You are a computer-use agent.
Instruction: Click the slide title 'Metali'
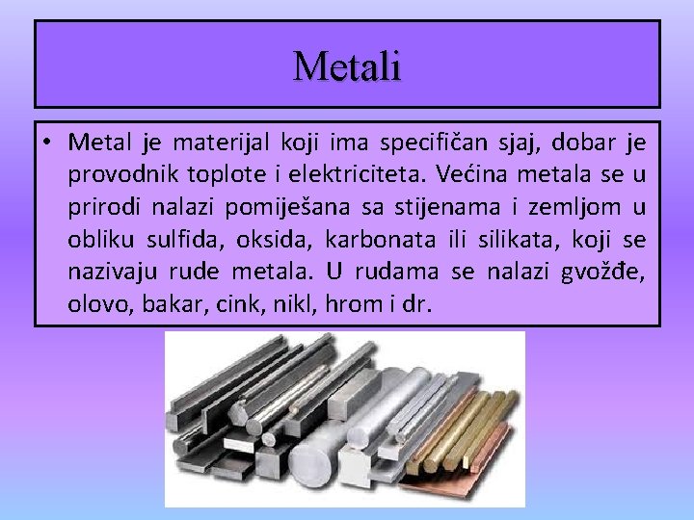(x=347, y=65)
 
